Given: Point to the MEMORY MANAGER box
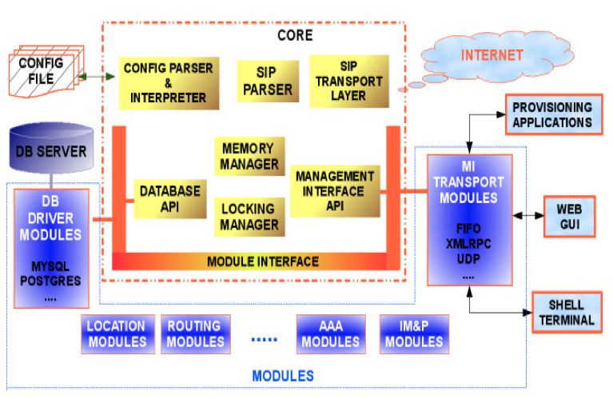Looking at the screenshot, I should pyautogui.click(x=249, y=156).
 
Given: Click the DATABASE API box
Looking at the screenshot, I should pyautogui.click(x=169, y=198).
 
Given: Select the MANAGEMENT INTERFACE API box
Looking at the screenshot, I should pyautogui.click(x=334, y=192).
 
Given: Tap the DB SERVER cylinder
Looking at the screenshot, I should pyautogui.click(x=50, y=152).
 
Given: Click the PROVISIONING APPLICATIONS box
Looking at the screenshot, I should pyautogui.click(x=552, y=114).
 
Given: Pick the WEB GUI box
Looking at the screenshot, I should pyautogui.click(x=569, y=216).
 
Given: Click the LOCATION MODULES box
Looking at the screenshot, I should pyautogui.click(x=116, y=333).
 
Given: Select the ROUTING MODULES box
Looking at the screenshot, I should pyautogui.click(x=194, y=333).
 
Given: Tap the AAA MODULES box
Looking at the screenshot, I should pyautogui.click(x=330, y=334).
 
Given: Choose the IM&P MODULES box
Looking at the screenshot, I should pyautogui.click(x=413, y=334).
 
